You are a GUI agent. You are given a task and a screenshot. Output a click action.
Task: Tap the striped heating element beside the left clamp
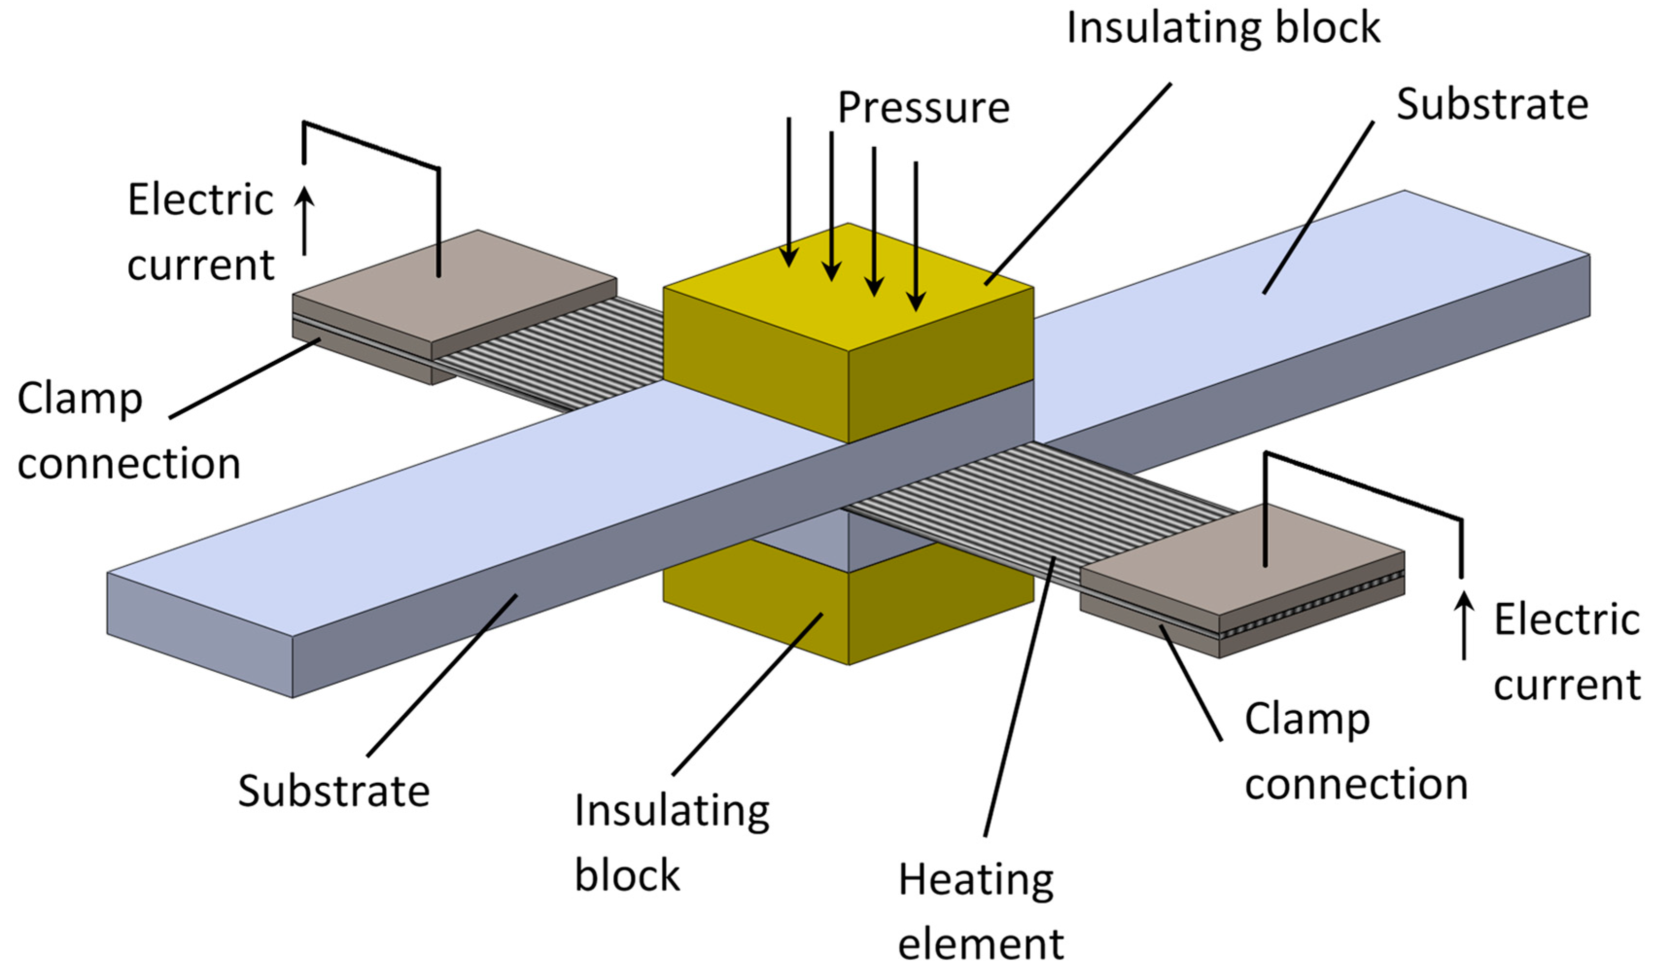tap(552, 355)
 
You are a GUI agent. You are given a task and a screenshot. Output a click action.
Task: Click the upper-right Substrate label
tap(1492, 105)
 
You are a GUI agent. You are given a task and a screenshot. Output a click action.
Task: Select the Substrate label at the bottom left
tap(333, 791)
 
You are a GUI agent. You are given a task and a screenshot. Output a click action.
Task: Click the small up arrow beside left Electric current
tap(304, 220)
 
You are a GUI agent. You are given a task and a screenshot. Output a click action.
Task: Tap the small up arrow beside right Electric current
tap(1464, 624)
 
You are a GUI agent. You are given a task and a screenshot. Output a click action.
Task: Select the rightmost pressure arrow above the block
tap(916, 236)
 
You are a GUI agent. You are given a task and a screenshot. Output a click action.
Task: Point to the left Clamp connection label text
tap(128, 430)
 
